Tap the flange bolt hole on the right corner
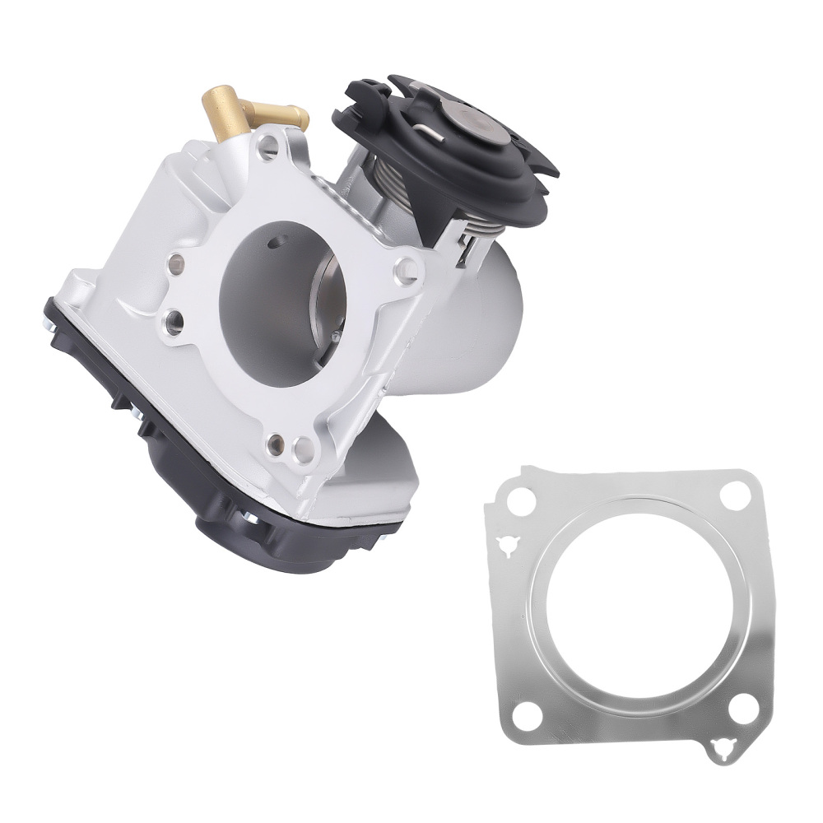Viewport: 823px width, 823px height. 405,270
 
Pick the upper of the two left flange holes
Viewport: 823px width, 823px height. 174,264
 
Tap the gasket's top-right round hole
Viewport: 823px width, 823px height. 734,495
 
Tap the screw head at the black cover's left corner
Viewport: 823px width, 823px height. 51,327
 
